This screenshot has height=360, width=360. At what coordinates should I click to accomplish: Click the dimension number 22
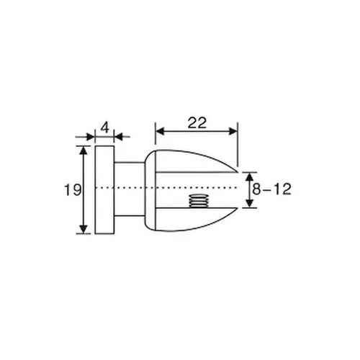click(196, 122)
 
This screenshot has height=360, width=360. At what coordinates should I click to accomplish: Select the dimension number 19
click(71, 190)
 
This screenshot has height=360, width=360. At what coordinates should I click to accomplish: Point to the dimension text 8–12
click(271, 190)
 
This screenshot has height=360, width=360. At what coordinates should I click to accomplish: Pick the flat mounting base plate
click(104, 189)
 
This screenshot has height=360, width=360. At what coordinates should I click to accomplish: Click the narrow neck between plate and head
click(130, 189)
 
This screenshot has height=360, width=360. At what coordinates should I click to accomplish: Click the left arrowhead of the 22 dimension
click(159, 131)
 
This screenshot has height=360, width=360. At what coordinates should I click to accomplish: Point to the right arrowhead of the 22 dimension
click(233, 131)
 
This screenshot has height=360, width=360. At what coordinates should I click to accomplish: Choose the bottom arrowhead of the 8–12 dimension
click(248, 204)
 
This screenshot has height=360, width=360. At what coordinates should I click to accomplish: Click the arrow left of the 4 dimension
click(90, 136)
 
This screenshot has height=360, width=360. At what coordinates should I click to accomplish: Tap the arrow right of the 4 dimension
click(118, 136)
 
